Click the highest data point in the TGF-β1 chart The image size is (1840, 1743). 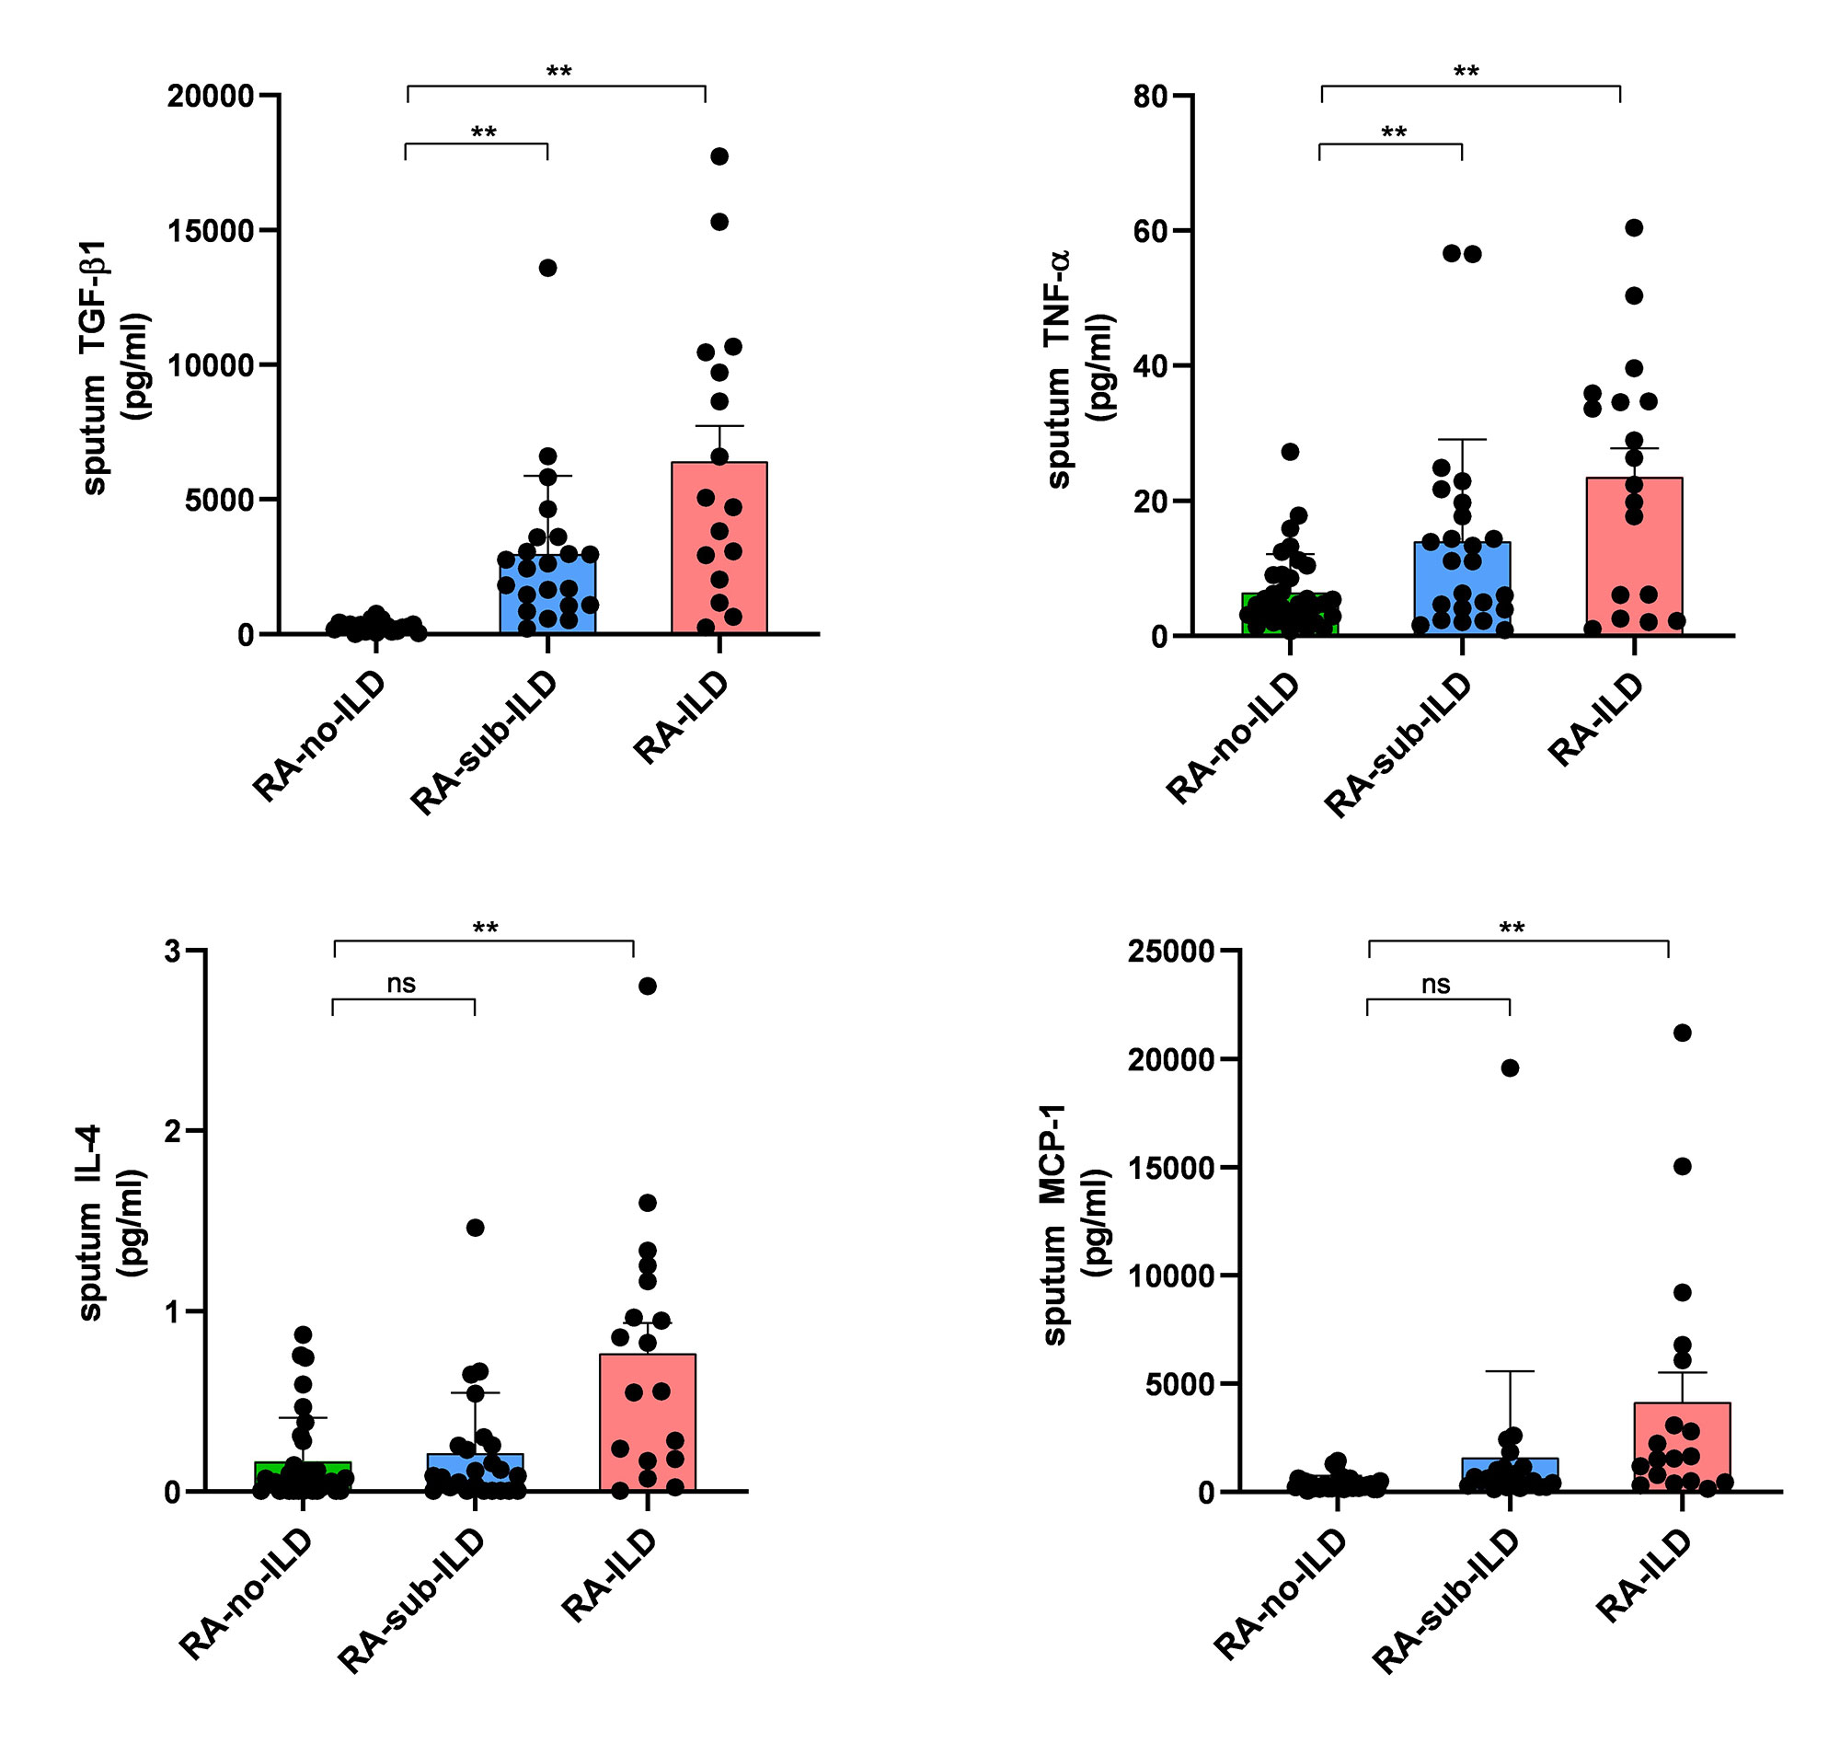719,156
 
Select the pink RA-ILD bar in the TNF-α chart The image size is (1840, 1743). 1634,558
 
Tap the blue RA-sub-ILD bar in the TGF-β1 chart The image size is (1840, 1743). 547,594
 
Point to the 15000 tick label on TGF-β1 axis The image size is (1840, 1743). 211,230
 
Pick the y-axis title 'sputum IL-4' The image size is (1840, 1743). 90,1223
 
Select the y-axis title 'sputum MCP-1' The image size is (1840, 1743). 1054,1224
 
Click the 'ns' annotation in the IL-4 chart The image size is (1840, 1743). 401,984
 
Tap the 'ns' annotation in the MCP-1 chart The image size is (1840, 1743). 1435,984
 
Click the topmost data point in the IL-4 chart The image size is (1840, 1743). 648,987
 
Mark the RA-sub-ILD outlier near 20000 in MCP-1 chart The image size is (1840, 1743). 1510,1068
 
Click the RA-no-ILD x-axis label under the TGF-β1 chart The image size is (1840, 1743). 318,736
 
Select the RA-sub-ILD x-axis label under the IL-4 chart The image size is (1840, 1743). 410,1601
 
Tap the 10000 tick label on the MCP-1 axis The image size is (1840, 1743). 1170,1276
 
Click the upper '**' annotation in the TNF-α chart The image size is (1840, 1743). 1466,72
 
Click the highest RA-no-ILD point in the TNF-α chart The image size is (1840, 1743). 1289,452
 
